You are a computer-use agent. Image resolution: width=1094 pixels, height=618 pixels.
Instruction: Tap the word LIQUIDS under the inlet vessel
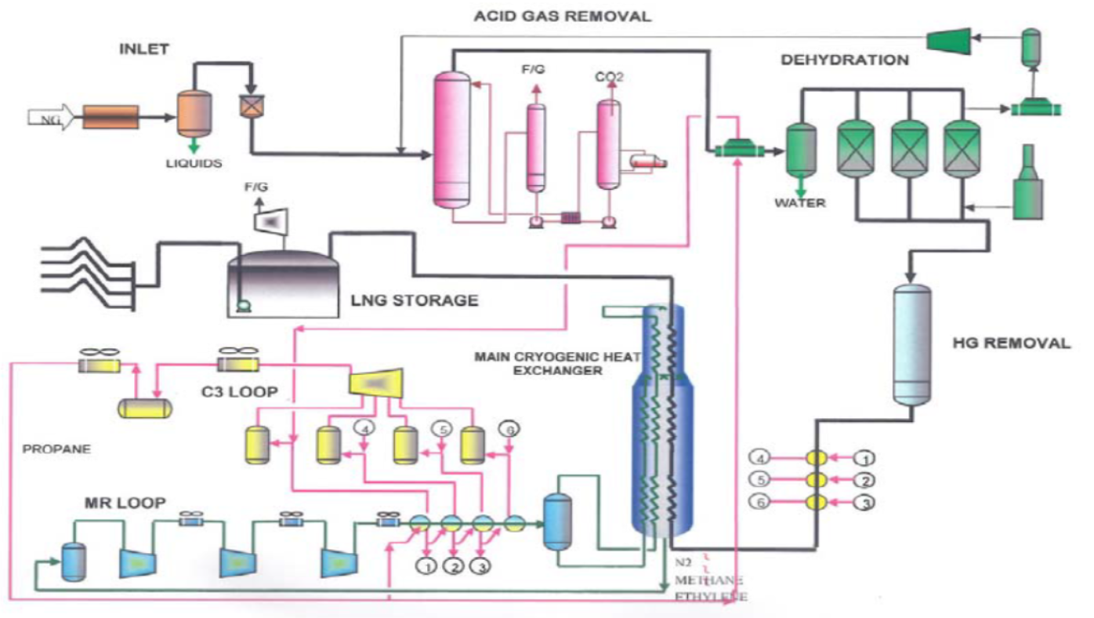(194, 164)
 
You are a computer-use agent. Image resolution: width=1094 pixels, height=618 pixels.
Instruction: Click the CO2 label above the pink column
(606, 76)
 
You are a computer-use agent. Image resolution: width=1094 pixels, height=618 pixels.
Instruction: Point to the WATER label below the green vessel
(800, 203)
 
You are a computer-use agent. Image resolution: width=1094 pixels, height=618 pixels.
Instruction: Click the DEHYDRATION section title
(845, 60)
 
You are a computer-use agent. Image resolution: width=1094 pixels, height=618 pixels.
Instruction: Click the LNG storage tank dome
(283, 258)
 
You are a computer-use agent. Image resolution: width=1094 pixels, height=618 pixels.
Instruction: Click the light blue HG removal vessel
(911, 346)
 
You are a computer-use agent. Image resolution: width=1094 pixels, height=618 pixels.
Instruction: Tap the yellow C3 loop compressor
(375, 382)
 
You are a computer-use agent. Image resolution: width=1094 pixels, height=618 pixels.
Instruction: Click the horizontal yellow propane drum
(146, 408)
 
